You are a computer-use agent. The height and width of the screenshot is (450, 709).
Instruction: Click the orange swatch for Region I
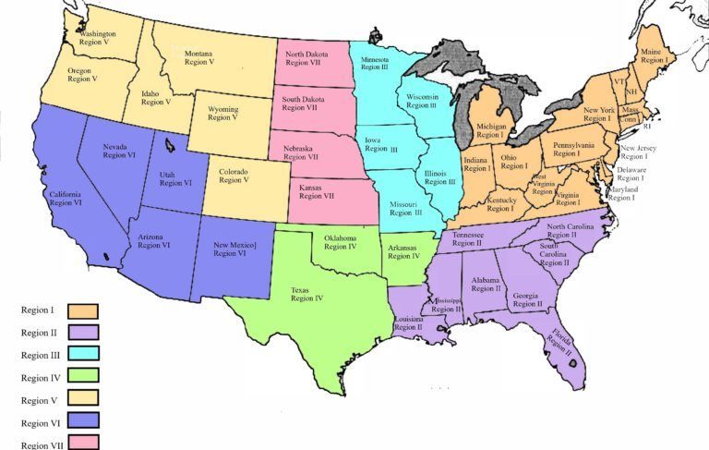coord(81,310)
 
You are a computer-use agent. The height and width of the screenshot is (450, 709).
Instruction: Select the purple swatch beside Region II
coord(81,332)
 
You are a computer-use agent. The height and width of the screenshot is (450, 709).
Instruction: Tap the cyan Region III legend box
coord(81,354)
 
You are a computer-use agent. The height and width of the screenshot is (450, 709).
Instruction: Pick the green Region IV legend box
coord(81,377)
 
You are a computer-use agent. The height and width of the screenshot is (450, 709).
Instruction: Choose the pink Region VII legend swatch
coord(81,443)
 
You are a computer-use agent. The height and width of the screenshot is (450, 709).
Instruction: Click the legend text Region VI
coord(39,422)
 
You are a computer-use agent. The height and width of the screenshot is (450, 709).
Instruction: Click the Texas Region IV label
coord(306,293)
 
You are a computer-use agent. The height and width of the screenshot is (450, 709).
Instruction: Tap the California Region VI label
coord(66,198)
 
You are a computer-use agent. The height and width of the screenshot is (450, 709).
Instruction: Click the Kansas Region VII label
coord(318,191)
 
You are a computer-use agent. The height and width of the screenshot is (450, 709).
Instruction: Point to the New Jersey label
coord(638,152)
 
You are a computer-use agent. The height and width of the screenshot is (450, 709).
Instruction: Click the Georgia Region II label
coord(527,298)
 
